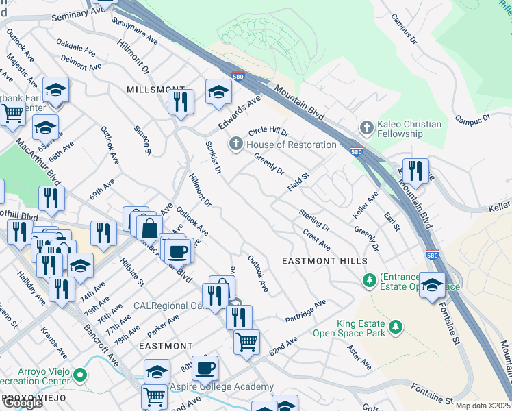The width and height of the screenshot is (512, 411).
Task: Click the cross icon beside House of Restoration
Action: [236, 144]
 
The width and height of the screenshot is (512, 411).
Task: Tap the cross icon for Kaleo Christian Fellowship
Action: [367, 128]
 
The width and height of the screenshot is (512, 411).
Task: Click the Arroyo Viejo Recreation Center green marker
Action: [81, 375]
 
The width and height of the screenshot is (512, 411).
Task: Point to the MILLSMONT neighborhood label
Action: [156, 90]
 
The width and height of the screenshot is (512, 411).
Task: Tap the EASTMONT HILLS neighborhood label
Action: [325, 261]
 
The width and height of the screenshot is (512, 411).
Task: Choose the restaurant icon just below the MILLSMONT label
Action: [181, 101]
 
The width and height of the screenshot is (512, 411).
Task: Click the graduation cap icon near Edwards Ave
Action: [218, 91]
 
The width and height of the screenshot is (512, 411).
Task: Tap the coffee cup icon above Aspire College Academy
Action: [205, 368]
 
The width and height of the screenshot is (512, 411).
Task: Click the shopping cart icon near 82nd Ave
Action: [246, 340]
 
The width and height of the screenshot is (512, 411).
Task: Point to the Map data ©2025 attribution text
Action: [483, 406]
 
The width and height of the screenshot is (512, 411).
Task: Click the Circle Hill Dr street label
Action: [268, 131]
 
